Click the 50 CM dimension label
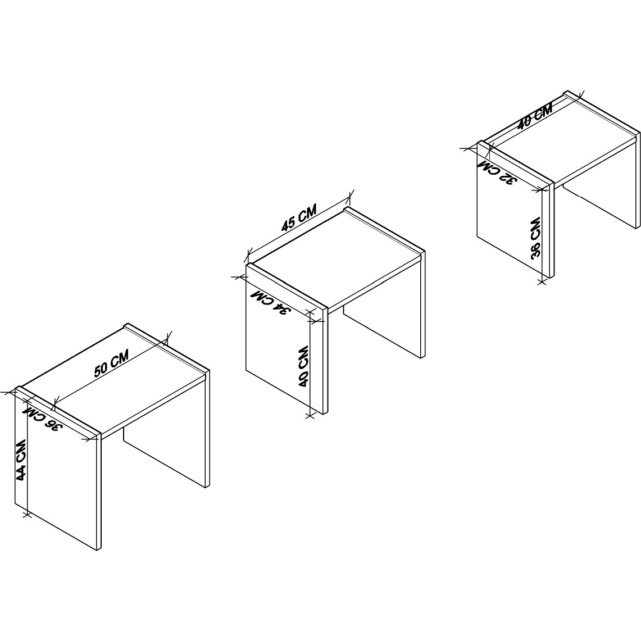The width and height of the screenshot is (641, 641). pyautogui.click(x=111, y=362)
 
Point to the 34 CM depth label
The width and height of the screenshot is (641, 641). pyautogui.click(x=270, y=302)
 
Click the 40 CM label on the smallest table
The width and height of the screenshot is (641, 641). pyautogui.click(x=535, y=116)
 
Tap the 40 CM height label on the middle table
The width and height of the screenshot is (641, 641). pyautogui.click(x=303, y=367)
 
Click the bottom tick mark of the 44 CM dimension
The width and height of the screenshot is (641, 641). pyautogui.click(x=27, y=514)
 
